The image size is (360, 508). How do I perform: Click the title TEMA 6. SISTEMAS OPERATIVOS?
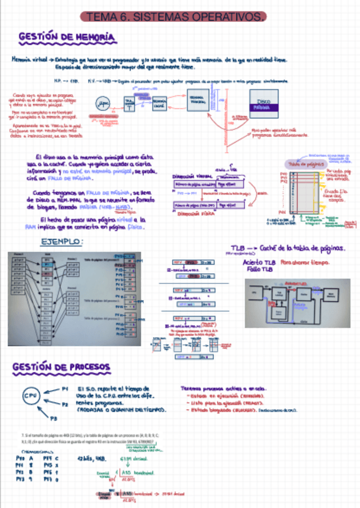174,17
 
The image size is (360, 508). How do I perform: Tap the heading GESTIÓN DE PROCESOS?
60,367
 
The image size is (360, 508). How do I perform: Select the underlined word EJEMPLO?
62,242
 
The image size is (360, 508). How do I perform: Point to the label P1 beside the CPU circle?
65,389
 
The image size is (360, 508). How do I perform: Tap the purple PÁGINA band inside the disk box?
262,109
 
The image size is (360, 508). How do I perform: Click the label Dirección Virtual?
192,177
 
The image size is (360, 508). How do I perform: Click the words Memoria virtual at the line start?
29,59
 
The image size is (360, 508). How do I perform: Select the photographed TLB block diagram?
293,302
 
